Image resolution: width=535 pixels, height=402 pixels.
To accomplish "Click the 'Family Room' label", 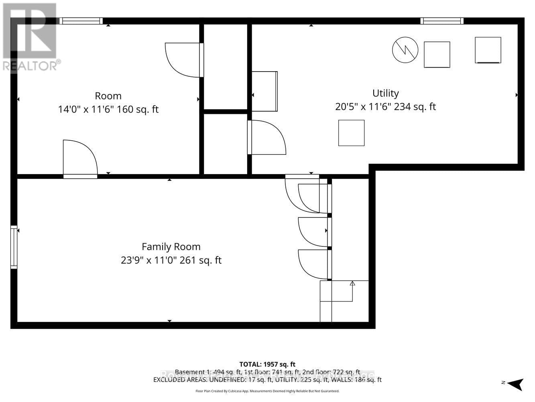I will [171, 247].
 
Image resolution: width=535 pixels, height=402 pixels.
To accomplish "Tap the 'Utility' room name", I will [385, 93].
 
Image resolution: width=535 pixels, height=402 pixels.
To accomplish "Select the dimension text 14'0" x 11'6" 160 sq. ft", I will [108, 109].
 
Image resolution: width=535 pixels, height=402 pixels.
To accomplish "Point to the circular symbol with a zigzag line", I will [405, 50].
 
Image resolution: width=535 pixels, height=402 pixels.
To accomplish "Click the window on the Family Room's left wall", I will [14, 247].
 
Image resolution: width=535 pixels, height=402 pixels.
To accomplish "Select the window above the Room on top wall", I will [81, 21].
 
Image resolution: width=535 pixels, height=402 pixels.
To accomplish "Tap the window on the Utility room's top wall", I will [442, 21].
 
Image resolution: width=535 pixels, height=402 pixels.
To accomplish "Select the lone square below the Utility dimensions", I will [351, 133].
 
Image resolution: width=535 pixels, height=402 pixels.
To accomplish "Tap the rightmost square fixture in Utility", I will [488, 50].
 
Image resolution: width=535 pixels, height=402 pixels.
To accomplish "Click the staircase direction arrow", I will [352, 284].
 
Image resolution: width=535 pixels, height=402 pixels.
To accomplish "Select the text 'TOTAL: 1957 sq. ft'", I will [267, 365].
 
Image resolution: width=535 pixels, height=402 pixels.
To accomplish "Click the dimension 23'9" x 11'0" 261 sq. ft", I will [171, 260].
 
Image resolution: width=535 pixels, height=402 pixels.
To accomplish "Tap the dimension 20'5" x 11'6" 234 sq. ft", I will [385, 107].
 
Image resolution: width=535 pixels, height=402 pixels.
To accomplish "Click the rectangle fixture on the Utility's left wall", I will [264, 91].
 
